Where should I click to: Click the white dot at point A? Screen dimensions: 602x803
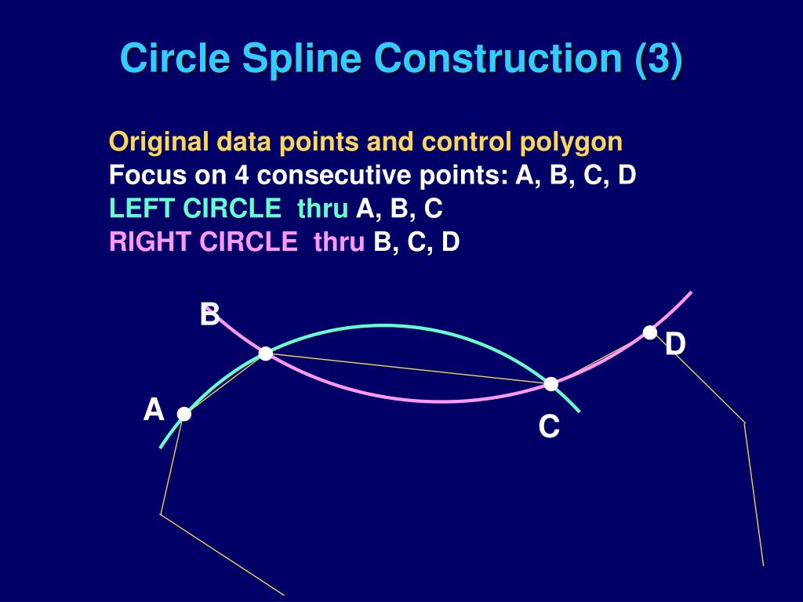click(x=183, y=414)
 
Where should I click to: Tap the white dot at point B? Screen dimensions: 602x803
click(x=266, y=354)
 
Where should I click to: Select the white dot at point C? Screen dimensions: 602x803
click(x=551, y=383)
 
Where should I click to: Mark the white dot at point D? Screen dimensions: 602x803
click(x=650, y=332)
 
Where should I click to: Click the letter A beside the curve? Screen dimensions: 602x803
click(x=154, y=410)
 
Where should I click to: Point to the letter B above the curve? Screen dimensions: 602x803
click(x=209, y=315)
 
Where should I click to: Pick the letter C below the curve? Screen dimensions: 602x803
click(x=549, y=427)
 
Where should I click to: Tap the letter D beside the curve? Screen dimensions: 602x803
click(x=675, y=343)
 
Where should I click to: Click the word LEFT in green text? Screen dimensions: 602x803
click(x=142, y=209)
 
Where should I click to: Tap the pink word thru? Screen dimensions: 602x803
click(x=339, y=242)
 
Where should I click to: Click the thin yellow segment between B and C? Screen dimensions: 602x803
click(x=408, y=368)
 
